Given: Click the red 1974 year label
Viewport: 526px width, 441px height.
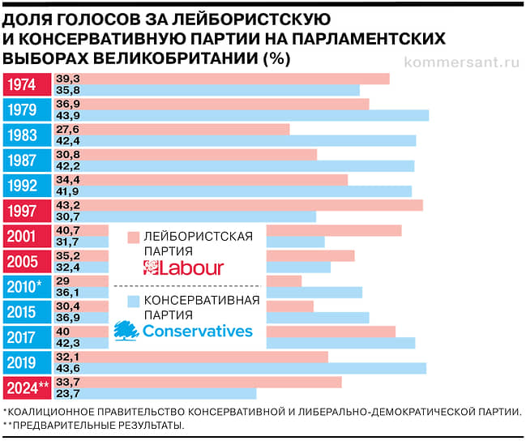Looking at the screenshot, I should pos(27,84).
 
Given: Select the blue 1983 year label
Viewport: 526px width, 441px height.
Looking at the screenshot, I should pos(27,135).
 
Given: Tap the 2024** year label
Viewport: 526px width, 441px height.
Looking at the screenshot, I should pos(27,387).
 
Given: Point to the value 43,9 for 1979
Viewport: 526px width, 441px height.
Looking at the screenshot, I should pos(67,116).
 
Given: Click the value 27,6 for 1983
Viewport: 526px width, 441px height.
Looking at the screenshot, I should pos(67,129).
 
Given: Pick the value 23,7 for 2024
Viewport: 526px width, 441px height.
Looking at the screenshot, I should pos(67,394).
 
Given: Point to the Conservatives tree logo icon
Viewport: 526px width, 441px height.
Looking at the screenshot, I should pos(126,329).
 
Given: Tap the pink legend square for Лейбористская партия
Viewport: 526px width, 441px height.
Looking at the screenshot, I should pos(134,237).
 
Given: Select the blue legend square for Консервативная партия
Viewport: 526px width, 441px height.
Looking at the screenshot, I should pos(134,301).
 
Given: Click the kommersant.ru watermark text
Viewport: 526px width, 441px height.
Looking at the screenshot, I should pos(461,62).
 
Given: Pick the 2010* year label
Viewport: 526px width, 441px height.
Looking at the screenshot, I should pos(27,286).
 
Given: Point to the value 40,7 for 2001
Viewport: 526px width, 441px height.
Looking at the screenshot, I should pos(67,230).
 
